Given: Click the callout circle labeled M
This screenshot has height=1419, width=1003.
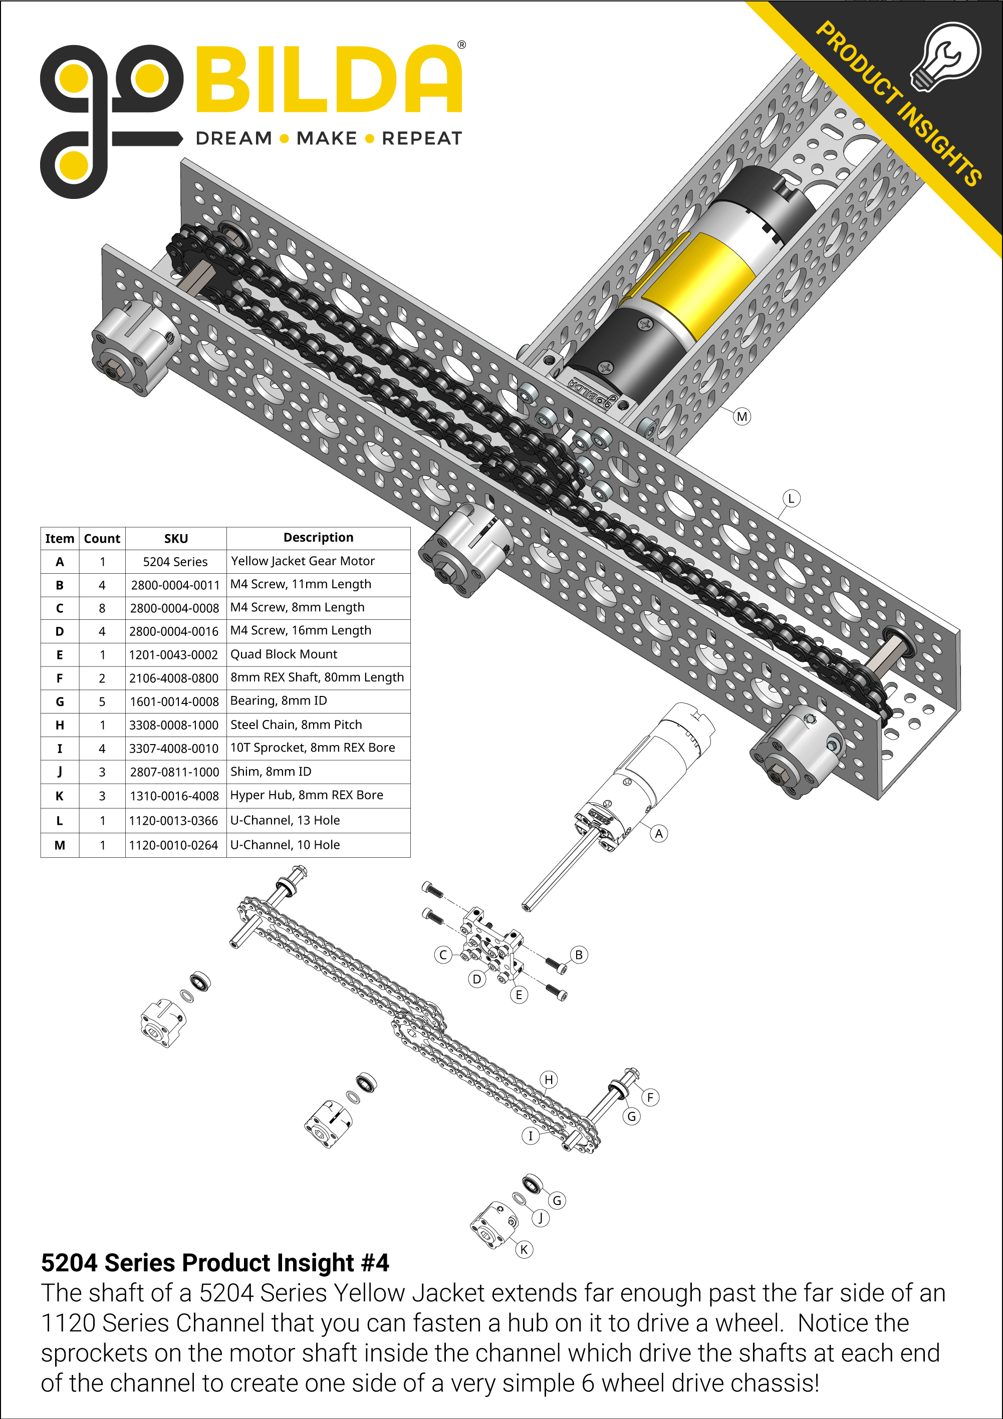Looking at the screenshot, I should (741, 416).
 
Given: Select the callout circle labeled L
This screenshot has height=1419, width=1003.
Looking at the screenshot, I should (791, 498).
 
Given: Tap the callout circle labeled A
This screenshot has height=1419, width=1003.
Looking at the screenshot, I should (659, 834).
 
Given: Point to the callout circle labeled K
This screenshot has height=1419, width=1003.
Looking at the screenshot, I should (524, 1249).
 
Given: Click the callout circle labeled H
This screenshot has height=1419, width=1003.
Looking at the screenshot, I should (549, 1080).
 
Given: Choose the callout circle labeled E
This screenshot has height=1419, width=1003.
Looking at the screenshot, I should (519, 995).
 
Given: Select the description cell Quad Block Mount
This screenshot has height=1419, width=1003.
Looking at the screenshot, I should (284, 654).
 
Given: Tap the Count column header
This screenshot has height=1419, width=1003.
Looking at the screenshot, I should (102, 538).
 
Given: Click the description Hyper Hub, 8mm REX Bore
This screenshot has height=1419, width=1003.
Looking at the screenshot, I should (307, 795).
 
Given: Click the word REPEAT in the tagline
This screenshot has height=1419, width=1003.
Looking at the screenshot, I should (421, 138).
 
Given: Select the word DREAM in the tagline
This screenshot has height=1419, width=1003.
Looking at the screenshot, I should (233, 138).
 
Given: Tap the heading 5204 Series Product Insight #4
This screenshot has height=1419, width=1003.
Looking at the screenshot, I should (215, 1263).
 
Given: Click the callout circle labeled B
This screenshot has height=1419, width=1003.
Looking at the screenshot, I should (579, 955).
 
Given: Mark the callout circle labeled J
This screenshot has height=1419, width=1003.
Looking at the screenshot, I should (540, 1218).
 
